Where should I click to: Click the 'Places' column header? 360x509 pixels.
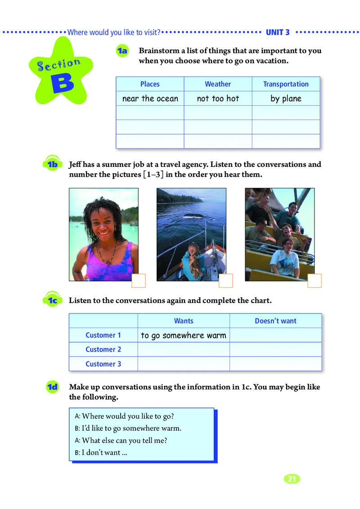coord(150,84)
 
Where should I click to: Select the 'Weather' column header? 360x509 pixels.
coord(218,84)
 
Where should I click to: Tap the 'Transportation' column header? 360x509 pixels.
coord(286,84)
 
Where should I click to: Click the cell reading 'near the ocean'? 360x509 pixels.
coord(150,98)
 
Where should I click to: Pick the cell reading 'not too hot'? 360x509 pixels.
coord(218,98)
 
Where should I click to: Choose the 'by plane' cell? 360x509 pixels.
coord(286,98)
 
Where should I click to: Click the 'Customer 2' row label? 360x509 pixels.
coord(103,349)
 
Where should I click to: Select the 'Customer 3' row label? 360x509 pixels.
coord(103,364)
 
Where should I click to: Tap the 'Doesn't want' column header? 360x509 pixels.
coord(275,321)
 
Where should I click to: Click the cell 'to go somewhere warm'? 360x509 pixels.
coord(184,335)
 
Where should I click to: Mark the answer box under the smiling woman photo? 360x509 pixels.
coord(139,281)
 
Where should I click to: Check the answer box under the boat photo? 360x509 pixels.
coord(225,281)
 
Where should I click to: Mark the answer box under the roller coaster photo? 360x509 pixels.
coord(315,281)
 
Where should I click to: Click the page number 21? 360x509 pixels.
coord(292,479)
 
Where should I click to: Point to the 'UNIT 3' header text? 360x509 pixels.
coord(278,32)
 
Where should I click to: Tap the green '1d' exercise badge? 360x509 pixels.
coord(53,387)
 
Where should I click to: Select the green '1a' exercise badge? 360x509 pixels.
coord(122,51)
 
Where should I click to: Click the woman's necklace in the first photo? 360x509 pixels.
coord(107,254)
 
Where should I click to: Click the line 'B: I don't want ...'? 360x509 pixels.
coord(101,452)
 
